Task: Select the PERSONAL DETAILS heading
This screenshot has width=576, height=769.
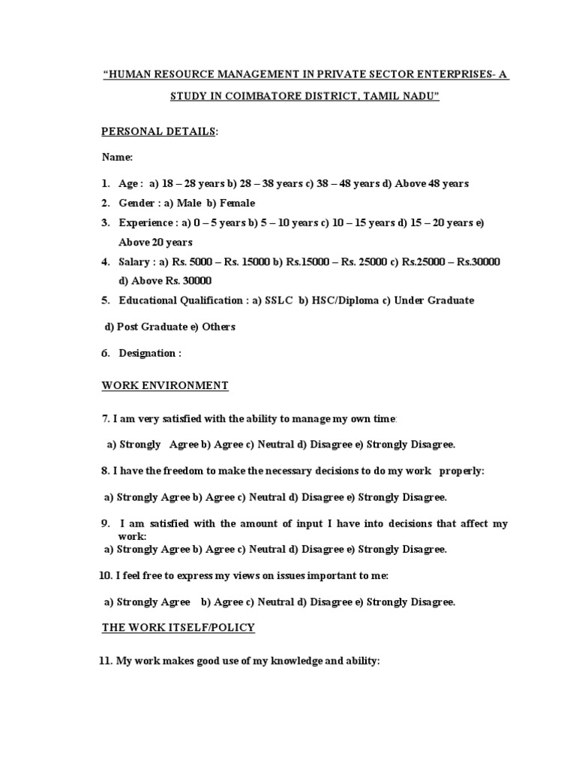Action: (x=158, y=131)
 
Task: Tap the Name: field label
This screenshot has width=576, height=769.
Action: (x=118, y=158)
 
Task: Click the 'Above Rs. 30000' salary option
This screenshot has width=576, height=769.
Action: (x=171, y=281)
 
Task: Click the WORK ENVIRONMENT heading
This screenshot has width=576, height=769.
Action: (x=165, y=385)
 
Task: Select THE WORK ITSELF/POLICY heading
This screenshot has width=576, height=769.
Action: (x=178, y=627)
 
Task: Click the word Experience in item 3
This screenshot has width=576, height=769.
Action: (x=145, y=222)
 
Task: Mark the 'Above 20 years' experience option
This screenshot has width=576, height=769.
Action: (x=155, y=242)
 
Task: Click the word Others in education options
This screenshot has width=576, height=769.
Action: (x=218, y=327)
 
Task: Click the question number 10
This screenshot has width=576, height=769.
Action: (x=105, y=575)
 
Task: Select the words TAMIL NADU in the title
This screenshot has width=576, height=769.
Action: (x=401, y=97)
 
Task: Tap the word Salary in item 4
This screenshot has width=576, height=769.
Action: (x=134, y=261)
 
